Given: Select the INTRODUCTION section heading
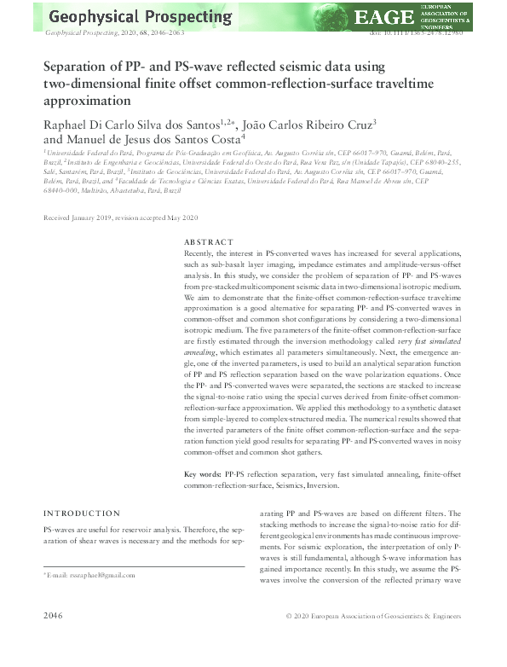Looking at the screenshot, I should pos(82,513).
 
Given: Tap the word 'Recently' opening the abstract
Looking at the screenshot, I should pos(203,254).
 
